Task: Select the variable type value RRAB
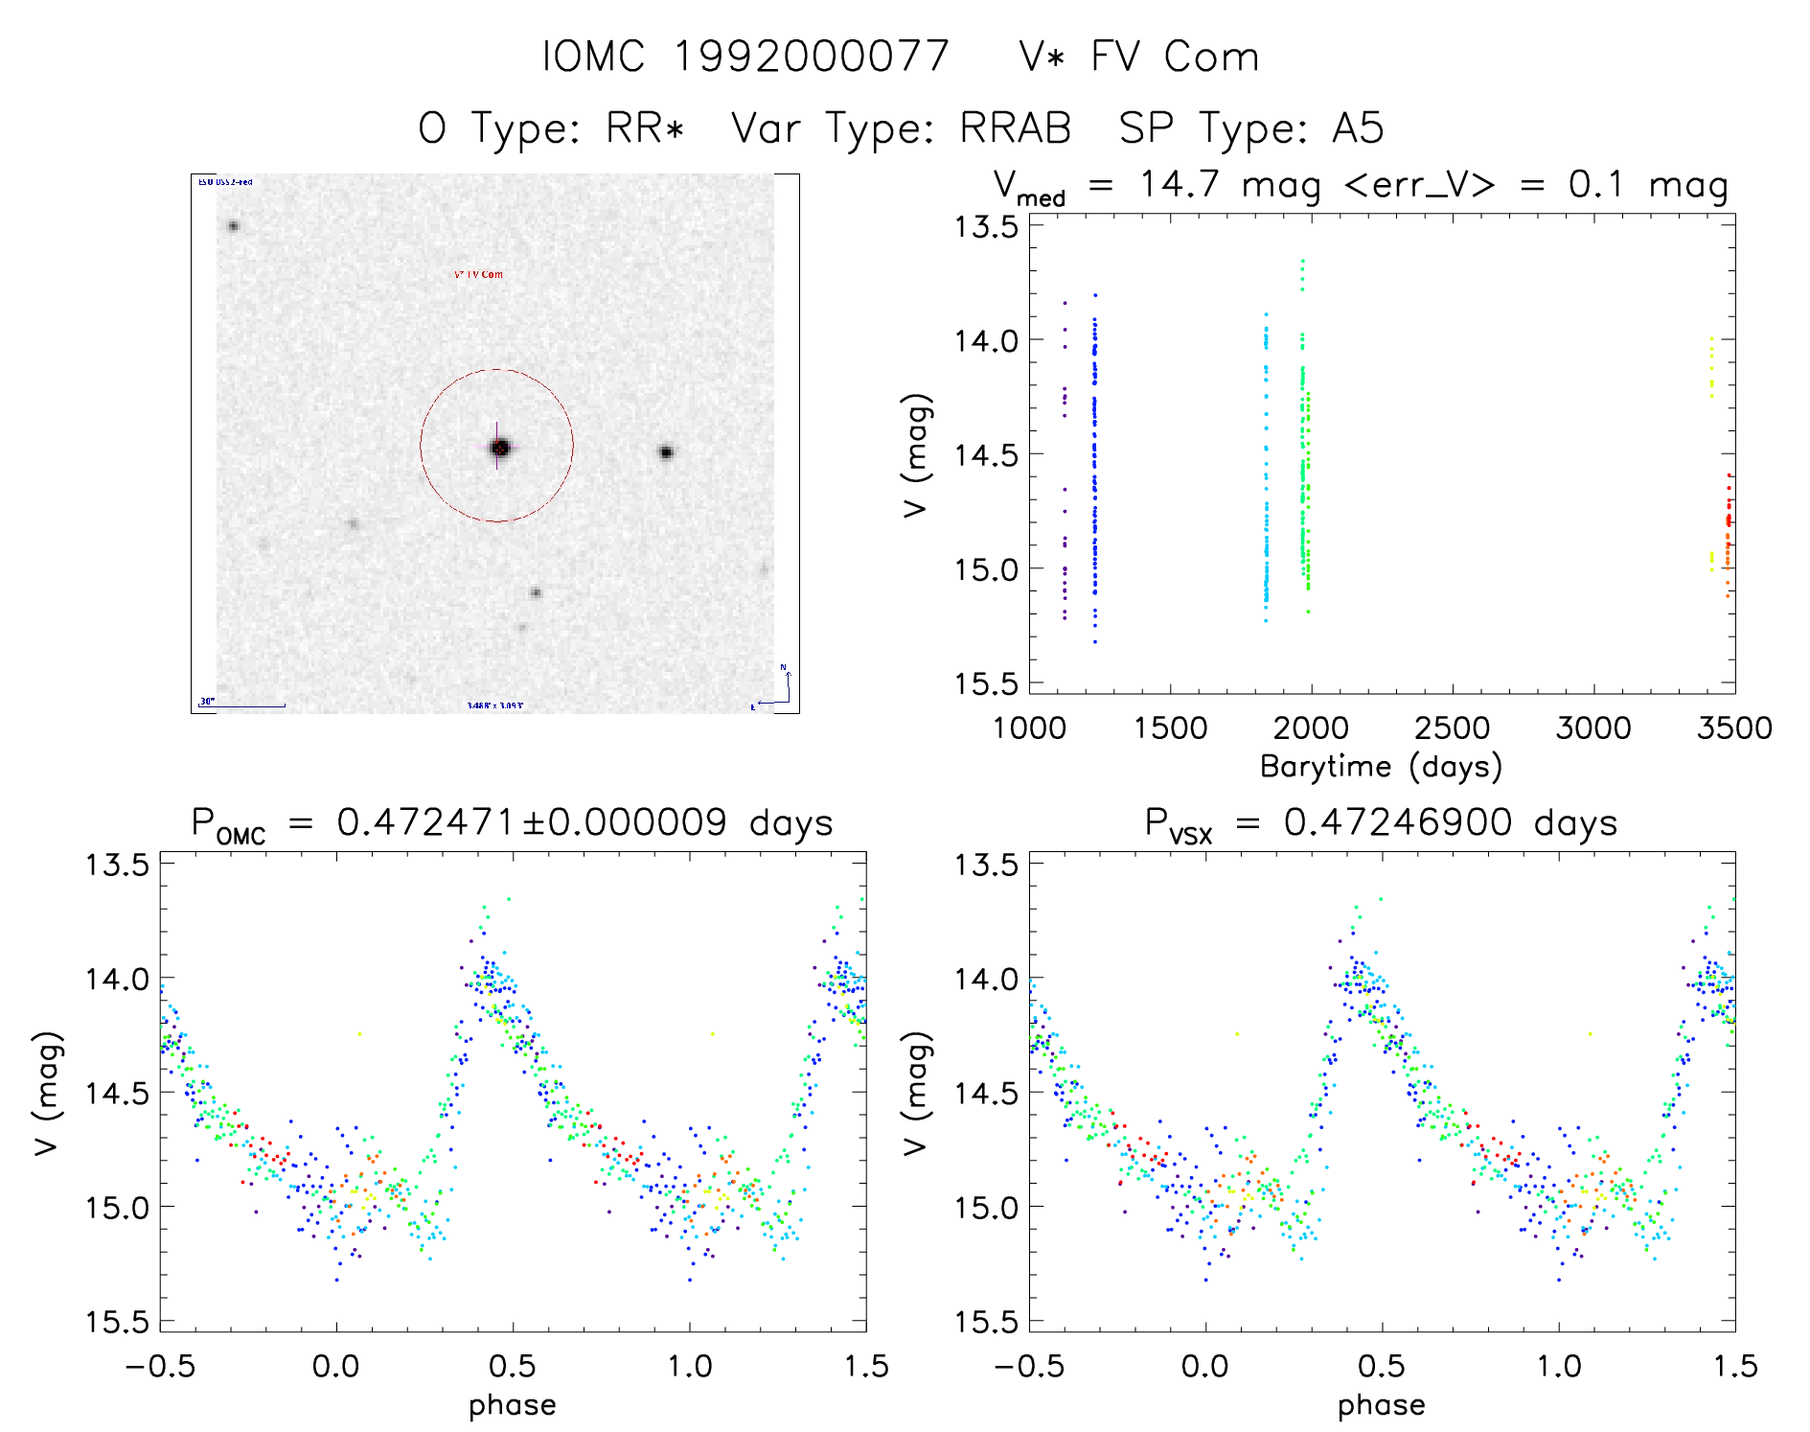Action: pyautogui.click(x=1016, y=128)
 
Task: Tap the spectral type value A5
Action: pyautogui.click(x=1358, y=128)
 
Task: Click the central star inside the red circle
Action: pyautogui.click(x=499, y=448)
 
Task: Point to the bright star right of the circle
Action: pyautogui.click(x=666, y=451)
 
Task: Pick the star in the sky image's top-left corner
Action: pyautogui.click(x=233, y=226)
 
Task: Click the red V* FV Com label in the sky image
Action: pyautogui.click(x=478, y=274)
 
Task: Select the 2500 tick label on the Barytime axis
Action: pyautogui.click(x=1452, y=728)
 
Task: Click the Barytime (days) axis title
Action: pyautogui.click(x=1381, y=767)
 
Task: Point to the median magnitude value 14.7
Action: pyautogui.click(x=1179, y=184)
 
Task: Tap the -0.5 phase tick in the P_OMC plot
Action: pyautogui.click(x=160, y=1367)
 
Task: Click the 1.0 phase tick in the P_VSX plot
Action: pyautogui.click(x=1559, y=1367)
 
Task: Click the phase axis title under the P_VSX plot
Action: pyautogui.click(x=1381, y=1405)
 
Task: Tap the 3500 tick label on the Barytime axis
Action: pyautogui.click(x=1734, y=728)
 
